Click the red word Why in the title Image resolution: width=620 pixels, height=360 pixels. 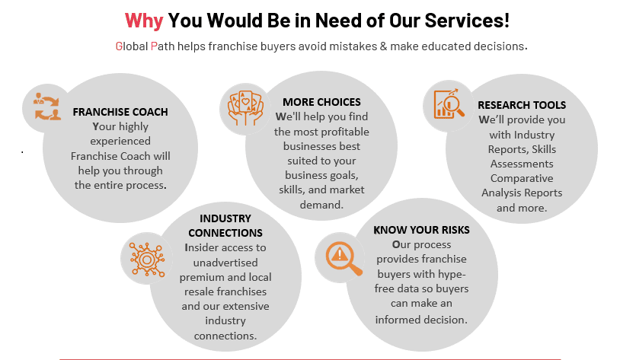(x=144, y=21)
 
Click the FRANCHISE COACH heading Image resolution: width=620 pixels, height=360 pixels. (x=120, y=112)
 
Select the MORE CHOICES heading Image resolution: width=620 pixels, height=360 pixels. (x=321, y=102)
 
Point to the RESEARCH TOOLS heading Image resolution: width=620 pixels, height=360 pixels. (x=522, y=105)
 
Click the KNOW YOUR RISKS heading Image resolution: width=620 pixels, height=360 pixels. (x=421, y=230)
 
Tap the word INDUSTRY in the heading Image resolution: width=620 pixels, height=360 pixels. (x=225, y=218)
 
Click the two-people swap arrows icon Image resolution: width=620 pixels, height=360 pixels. (x=47, y=107)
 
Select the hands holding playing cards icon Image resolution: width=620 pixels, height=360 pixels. (x=245, y=108)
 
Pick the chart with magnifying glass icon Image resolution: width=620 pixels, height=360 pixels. (x=449, y=104)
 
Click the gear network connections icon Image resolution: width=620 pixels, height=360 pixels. (x=147, y=260)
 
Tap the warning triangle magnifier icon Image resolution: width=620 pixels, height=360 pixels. (x=344, y=258)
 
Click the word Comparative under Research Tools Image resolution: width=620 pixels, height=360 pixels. (x=522, y=178)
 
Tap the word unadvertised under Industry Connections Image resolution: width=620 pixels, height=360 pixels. (x=225, y=263)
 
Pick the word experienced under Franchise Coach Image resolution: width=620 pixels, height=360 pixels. (x=120, y=141)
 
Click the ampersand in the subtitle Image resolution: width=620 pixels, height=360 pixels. (x=383, y=46)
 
